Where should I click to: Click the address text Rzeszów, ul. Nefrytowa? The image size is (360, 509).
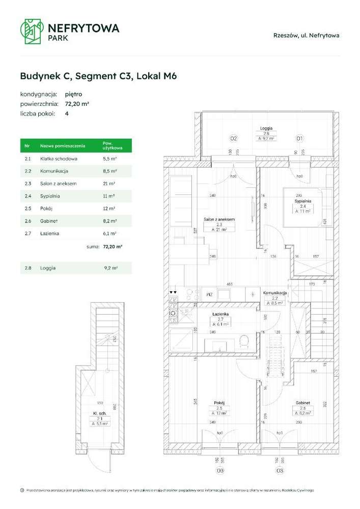[306, 35]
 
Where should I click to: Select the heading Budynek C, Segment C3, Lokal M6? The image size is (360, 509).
[98, 76]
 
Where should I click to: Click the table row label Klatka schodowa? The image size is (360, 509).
[58, 159]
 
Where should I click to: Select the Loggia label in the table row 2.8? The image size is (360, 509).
[47, 268]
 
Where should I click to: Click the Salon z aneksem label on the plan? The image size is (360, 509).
[218, 219]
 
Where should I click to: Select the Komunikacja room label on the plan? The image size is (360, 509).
[275, 293]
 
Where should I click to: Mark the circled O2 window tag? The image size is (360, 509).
[233, 138]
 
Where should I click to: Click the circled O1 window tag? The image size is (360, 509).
[299, 138]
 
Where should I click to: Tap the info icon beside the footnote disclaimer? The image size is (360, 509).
[22, 490]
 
